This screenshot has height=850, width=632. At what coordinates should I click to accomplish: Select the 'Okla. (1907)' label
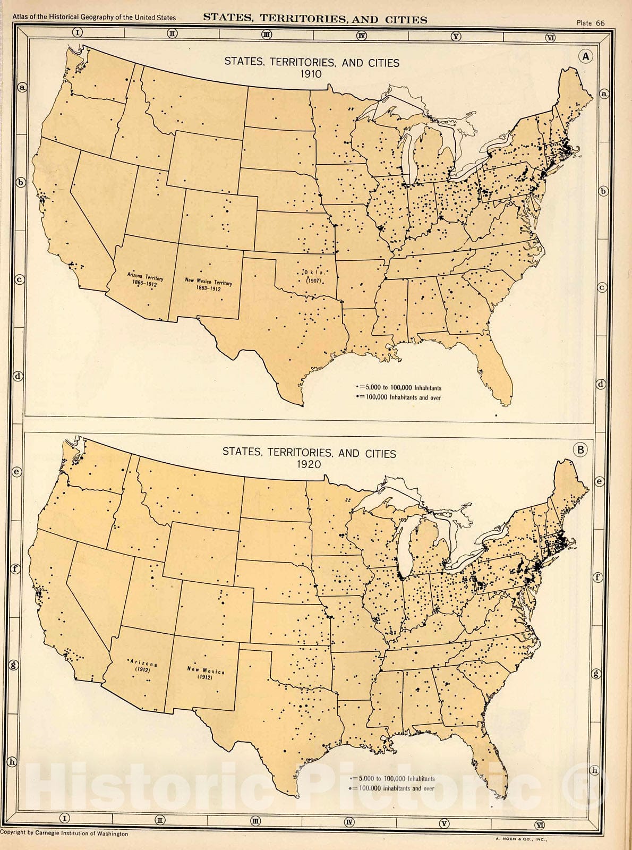(314, 276)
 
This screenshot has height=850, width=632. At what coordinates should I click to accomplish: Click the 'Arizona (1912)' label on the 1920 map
(143, 667)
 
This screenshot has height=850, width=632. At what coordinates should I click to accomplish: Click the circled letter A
(586, 56)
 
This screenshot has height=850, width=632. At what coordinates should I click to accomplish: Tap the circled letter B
(580, 450)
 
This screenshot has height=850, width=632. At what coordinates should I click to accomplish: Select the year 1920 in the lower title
(309, 464)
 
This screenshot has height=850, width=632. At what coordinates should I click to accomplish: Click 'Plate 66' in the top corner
(590, 23)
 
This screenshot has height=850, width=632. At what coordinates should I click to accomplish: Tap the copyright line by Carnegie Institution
(64, 833)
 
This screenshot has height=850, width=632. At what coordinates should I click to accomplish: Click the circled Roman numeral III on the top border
(267, 35)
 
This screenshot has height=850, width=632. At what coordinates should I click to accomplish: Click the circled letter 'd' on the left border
(18, 376)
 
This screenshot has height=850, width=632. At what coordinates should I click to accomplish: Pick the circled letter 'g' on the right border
(596, 674)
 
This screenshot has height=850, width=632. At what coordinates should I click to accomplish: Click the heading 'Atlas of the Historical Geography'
(94, 18)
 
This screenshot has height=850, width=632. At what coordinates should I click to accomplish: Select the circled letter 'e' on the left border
(17, 471)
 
